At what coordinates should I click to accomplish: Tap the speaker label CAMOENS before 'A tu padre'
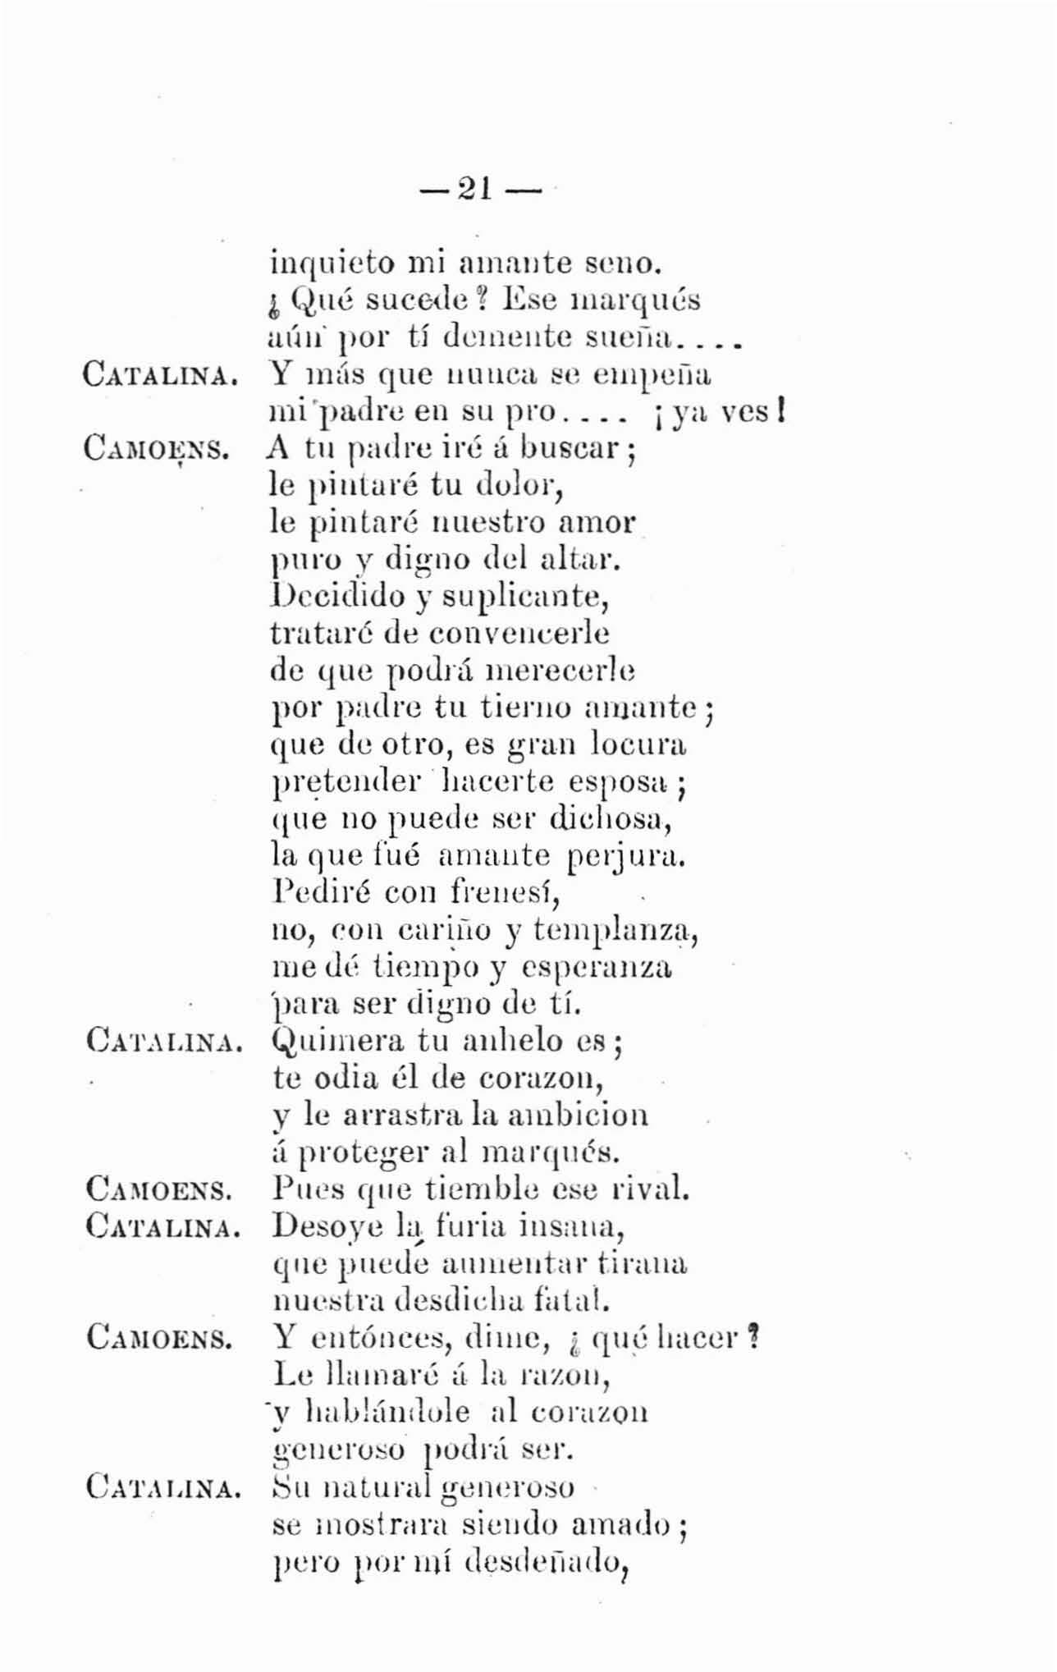pos(158,449)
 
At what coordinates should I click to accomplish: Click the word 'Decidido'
pos(337,596)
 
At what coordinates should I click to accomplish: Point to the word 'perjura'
pos(626,856)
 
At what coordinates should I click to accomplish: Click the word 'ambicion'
pos(578,1115)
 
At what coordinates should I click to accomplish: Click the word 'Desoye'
pos(327,1228)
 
